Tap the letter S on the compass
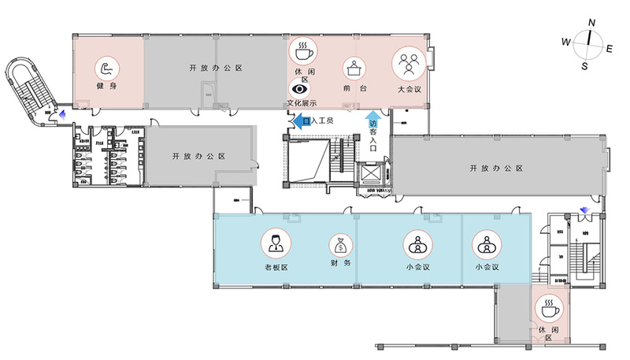(x=584, y=66)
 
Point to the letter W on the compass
(x=565, y=41)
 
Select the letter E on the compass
(x=610, y=48)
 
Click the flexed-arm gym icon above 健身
(x=107, y=68)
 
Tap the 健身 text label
(x=107, y=87)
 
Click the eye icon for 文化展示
(x=301, y=91)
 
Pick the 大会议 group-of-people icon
(x=407, y=63)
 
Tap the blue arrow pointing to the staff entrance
(x=300, y=120)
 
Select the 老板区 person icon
(x=276, y=243)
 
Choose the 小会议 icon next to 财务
(x=415, y=244)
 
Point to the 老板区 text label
(x=276, y=268)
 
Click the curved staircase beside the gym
(x=24, y=87)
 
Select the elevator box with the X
(x=369, y=175)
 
